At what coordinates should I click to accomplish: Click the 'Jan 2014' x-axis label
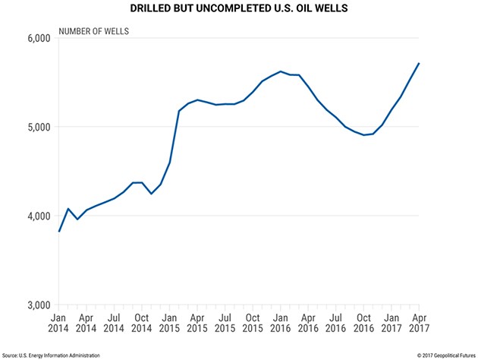59,324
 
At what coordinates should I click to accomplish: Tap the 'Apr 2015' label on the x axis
197,324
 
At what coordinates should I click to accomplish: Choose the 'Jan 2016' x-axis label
281,324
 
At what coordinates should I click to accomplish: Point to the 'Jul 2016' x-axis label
336,324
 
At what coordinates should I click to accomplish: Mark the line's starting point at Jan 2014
59,231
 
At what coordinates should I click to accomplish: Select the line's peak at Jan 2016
281,71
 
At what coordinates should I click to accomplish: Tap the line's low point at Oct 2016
364,135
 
